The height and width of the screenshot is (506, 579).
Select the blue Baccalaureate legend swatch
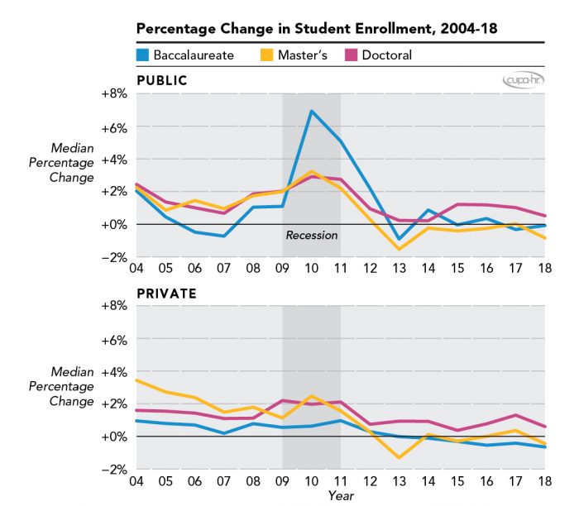[143, 55]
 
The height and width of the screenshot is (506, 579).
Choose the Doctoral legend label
[385, 55]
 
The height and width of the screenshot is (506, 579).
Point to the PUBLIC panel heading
[161, 80]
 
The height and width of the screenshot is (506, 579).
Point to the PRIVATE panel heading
[165, 293]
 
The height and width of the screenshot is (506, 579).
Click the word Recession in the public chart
[312, 235]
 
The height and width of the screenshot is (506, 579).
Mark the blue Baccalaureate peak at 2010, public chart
[311, 111]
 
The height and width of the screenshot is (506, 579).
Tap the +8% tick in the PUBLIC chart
[114, 93]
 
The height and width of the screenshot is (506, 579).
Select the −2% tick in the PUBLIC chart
[114, 256]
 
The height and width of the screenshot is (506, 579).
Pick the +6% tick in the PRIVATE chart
[114, 339]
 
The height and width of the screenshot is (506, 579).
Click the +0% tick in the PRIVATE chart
[114, 436]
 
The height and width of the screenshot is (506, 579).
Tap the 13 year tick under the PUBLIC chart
[399, 270]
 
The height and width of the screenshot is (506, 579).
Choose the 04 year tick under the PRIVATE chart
[136, 481]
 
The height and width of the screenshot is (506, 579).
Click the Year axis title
[340, 496]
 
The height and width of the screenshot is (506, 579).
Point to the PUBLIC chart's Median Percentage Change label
[72, 162]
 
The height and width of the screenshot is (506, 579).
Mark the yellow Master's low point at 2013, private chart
[399, 457]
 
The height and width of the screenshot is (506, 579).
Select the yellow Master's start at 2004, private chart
[137, 380]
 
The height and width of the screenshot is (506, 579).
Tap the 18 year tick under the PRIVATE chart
[543, 481]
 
